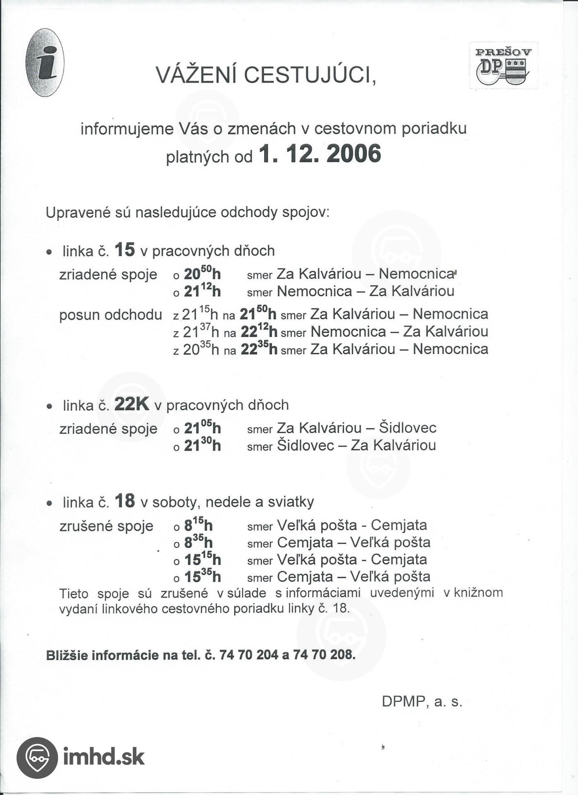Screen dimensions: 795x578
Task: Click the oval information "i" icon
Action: [45, 63]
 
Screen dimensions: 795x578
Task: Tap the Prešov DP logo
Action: [503, 65]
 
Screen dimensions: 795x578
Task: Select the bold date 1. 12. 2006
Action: [320, 154]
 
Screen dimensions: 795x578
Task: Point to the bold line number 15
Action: [125, 250]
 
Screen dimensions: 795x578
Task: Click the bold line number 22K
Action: [132, 404]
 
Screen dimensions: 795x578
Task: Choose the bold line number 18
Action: [125, 501]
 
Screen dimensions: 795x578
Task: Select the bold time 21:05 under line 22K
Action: [202, 427]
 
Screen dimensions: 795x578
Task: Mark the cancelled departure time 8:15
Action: [198, 525]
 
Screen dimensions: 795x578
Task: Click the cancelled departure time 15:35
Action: [202, 576]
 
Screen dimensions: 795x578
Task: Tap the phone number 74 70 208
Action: [324, 655]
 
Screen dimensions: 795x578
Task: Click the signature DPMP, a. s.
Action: [421, 701]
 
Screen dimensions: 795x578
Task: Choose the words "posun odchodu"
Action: [111, 315]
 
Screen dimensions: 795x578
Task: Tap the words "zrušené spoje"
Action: [106, 526]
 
